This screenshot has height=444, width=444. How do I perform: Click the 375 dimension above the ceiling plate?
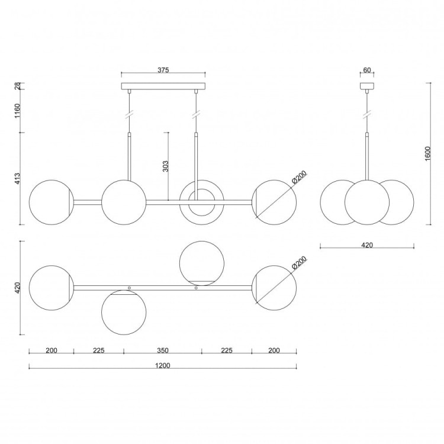[163, 70]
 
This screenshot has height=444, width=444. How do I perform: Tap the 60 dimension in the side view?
[366, 70]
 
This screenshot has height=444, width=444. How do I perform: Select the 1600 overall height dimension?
[427, 153]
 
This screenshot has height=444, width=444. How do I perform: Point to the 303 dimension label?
[166, 166]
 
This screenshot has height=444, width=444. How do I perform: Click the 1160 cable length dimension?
[18, 111]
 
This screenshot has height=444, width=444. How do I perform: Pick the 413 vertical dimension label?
[18, 179]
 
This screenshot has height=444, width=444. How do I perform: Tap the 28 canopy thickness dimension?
[18, 86]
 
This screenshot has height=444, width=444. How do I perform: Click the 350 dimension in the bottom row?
[163, 350]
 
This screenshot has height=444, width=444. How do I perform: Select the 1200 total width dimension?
[163, 366]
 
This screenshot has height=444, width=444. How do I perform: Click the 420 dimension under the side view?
[367, 245]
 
